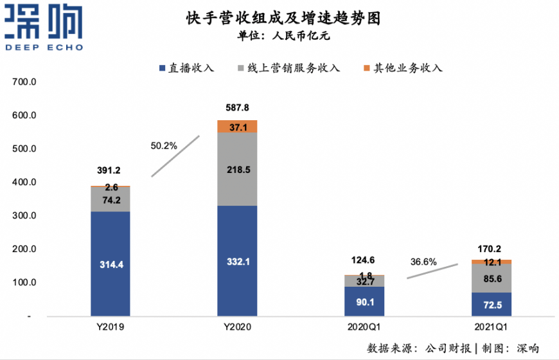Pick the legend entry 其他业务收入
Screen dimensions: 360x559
pos(403,67)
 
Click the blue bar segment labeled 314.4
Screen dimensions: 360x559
pos(110,264)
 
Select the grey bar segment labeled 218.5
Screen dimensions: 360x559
pos(237,169)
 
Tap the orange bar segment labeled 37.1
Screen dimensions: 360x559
pos(237,127)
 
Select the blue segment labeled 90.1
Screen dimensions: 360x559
pos(364,301)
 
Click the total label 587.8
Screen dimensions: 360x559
pos(237,108)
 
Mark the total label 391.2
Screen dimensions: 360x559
pos(110,171)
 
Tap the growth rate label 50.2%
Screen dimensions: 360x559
pos(164,146)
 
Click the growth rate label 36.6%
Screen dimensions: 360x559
pos(423,262)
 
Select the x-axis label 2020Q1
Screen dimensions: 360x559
pos(364,327)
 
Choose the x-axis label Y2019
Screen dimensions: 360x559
pos(110,327)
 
